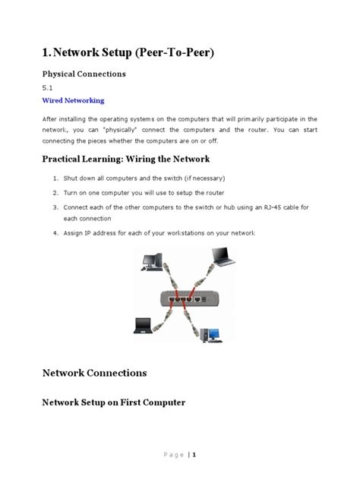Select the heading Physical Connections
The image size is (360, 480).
(x=83, y=74)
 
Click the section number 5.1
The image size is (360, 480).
(x=46, y=87)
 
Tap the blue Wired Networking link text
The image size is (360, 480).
(x=72, y=100)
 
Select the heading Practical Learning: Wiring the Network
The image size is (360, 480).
(x=125, y=159)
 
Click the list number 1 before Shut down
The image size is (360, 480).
(x=55, y=178)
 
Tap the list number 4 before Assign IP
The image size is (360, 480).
(x=55, y=234)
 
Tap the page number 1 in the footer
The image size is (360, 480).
(x=194, y=455)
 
